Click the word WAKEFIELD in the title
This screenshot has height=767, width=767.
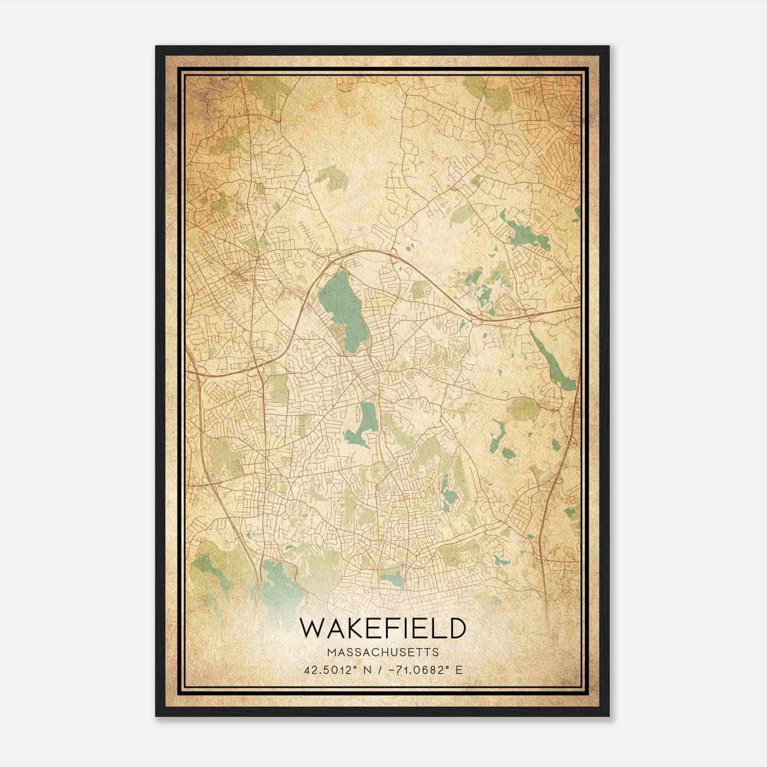tap(383, 628)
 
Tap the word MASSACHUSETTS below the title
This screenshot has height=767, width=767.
tap(383, 652)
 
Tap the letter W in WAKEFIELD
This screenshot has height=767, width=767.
tap(311, 628)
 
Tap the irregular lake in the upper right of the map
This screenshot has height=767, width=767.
tap(525, 235)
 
